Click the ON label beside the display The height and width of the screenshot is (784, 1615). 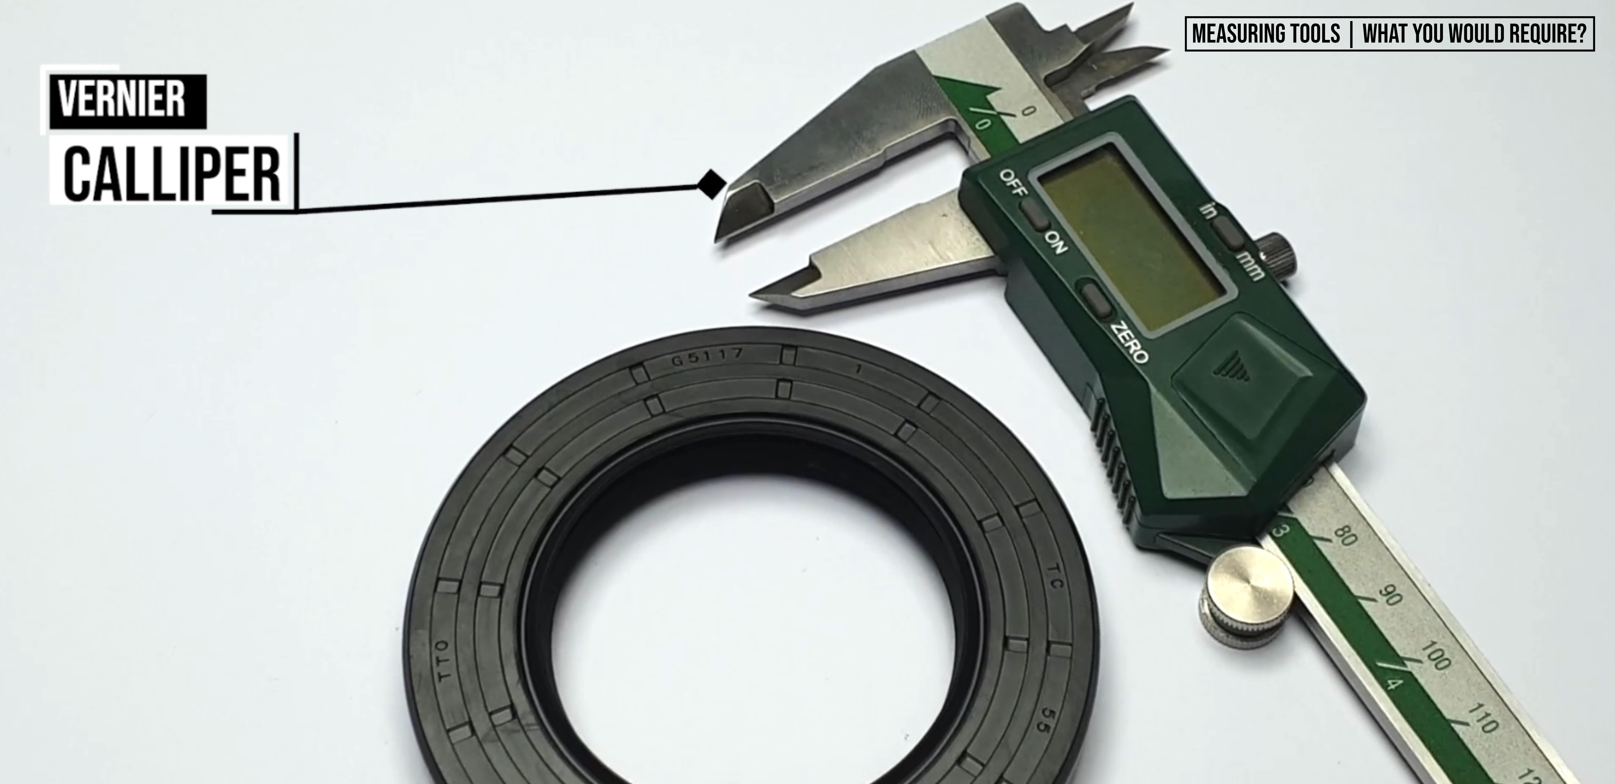[1055, 242]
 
